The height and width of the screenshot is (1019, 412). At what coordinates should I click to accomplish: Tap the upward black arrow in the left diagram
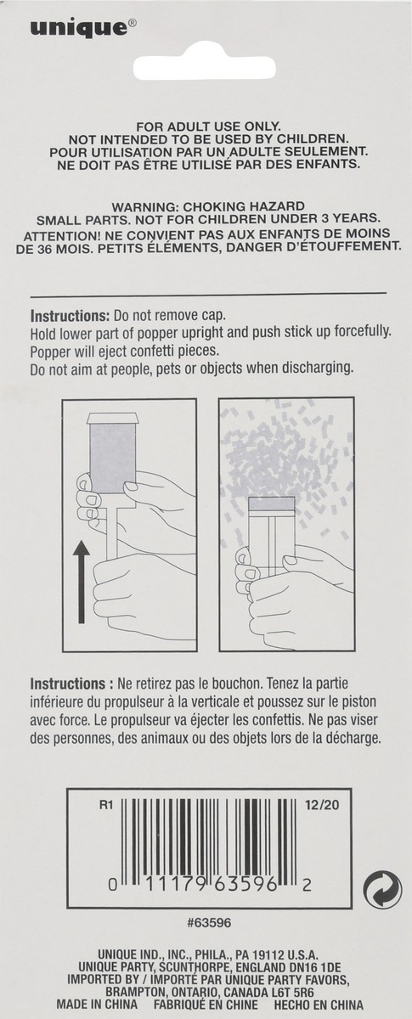(x=81, y=585)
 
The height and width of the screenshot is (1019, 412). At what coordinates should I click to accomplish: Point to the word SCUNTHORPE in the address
(x=187, y=966)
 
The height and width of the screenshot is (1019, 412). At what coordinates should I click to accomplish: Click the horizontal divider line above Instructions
(x=207, y=293)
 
